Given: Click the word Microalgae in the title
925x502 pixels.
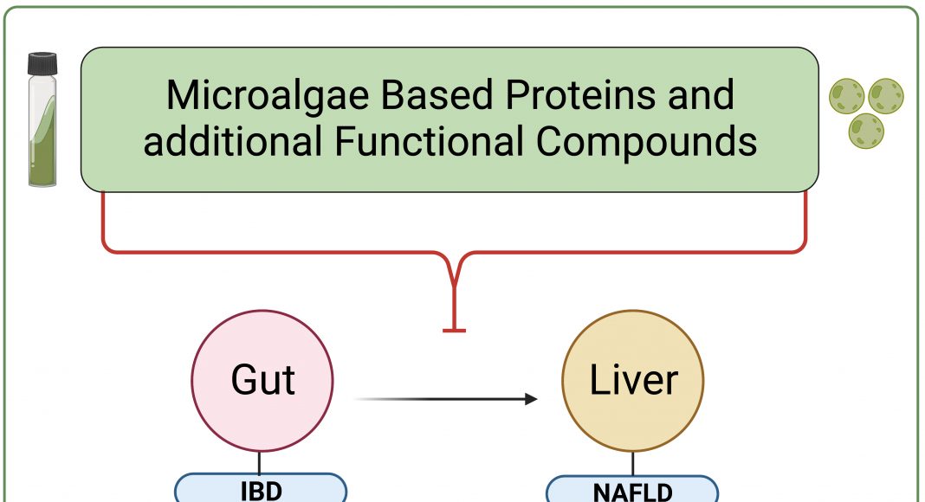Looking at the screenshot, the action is click(x=268, y=95).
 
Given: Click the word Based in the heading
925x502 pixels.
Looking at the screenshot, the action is click(x=437, y=94).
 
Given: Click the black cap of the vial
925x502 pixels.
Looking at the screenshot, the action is click(x=42, y=64).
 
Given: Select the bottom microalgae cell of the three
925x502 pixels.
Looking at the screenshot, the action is click(x=866, y=131).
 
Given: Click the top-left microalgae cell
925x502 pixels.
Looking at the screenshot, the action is click(x=846, y=96).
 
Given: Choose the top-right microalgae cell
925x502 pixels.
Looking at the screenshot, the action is click(x=885, y=96).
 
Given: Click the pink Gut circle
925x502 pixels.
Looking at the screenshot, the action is click(x=262, y=381).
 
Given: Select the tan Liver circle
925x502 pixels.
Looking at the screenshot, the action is click(x=633, y=381).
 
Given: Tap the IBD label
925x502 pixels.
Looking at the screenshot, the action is click(x=261, y=488).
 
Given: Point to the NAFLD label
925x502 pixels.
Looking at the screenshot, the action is click(x=632, y=490).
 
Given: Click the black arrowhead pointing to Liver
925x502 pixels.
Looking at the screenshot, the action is click(x=531, y=399).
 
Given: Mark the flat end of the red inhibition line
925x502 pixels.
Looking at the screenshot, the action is click(x=454, y=331).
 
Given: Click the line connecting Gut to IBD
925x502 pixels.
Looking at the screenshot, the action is click(x=260, y=462).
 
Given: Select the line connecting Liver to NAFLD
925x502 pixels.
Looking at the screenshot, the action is click(x=633, y=464).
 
